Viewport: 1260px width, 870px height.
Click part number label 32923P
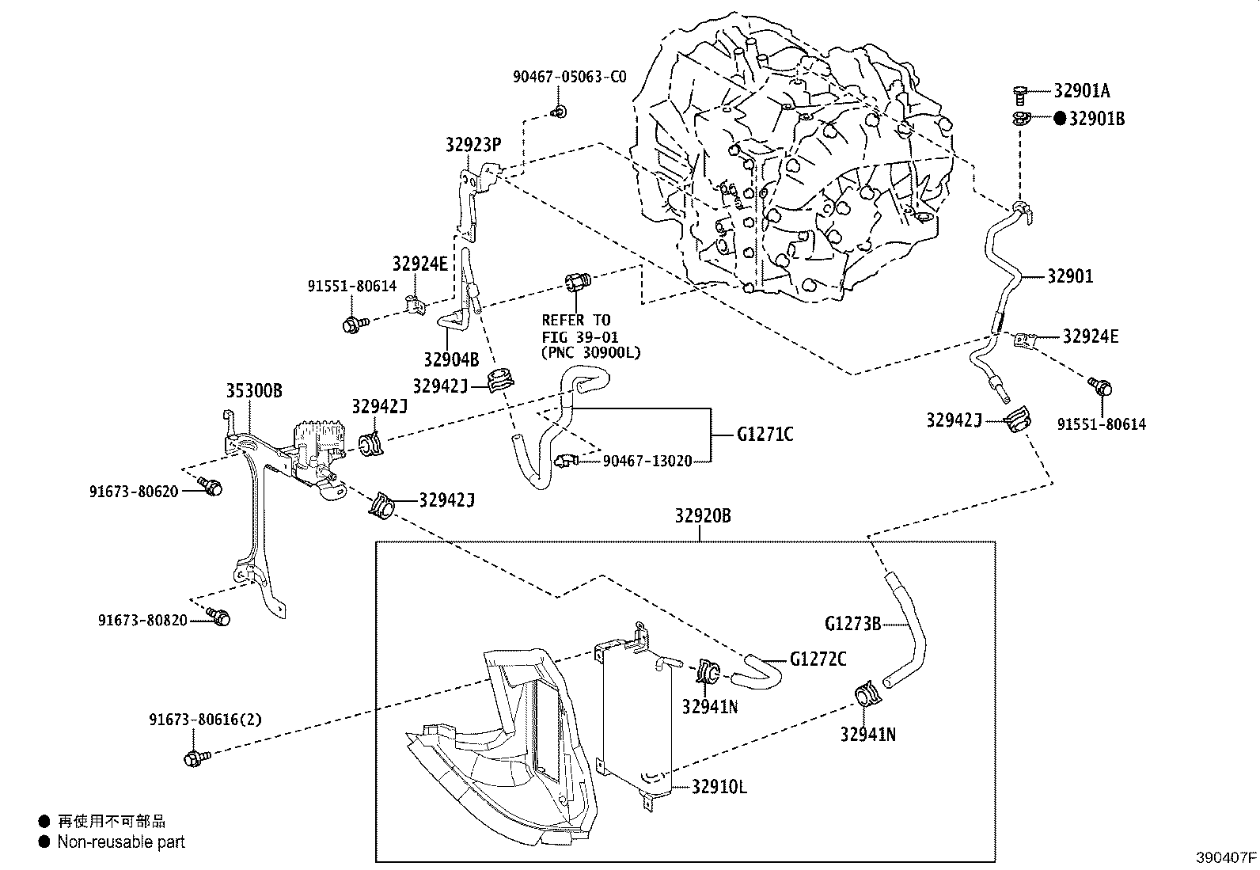[x=473, y=144]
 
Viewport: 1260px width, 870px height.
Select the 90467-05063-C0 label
[x=569, y=77]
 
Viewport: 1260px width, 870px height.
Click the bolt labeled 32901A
[x=1020, y=94]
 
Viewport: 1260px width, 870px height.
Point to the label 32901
[x=1070, y=276]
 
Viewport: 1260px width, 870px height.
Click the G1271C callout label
[x=765, y=435]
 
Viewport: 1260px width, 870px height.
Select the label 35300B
[x=254, y=391]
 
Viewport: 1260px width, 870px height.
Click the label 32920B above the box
[x=703, y=516]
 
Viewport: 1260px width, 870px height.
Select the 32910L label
[x=719, y=788]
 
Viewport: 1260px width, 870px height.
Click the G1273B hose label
[x=852, y=624]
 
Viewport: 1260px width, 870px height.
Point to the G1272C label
[x=818, y=659]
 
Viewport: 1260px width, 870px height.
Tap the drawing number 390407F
[x=1226, y=857]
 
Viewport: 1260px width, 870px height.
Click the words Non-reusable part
[x=120, y=842]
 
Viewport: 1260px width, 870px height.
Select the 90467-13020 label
[x=647, y=461]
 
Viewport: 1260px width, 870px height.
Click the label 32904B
[x=450, y=359]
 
